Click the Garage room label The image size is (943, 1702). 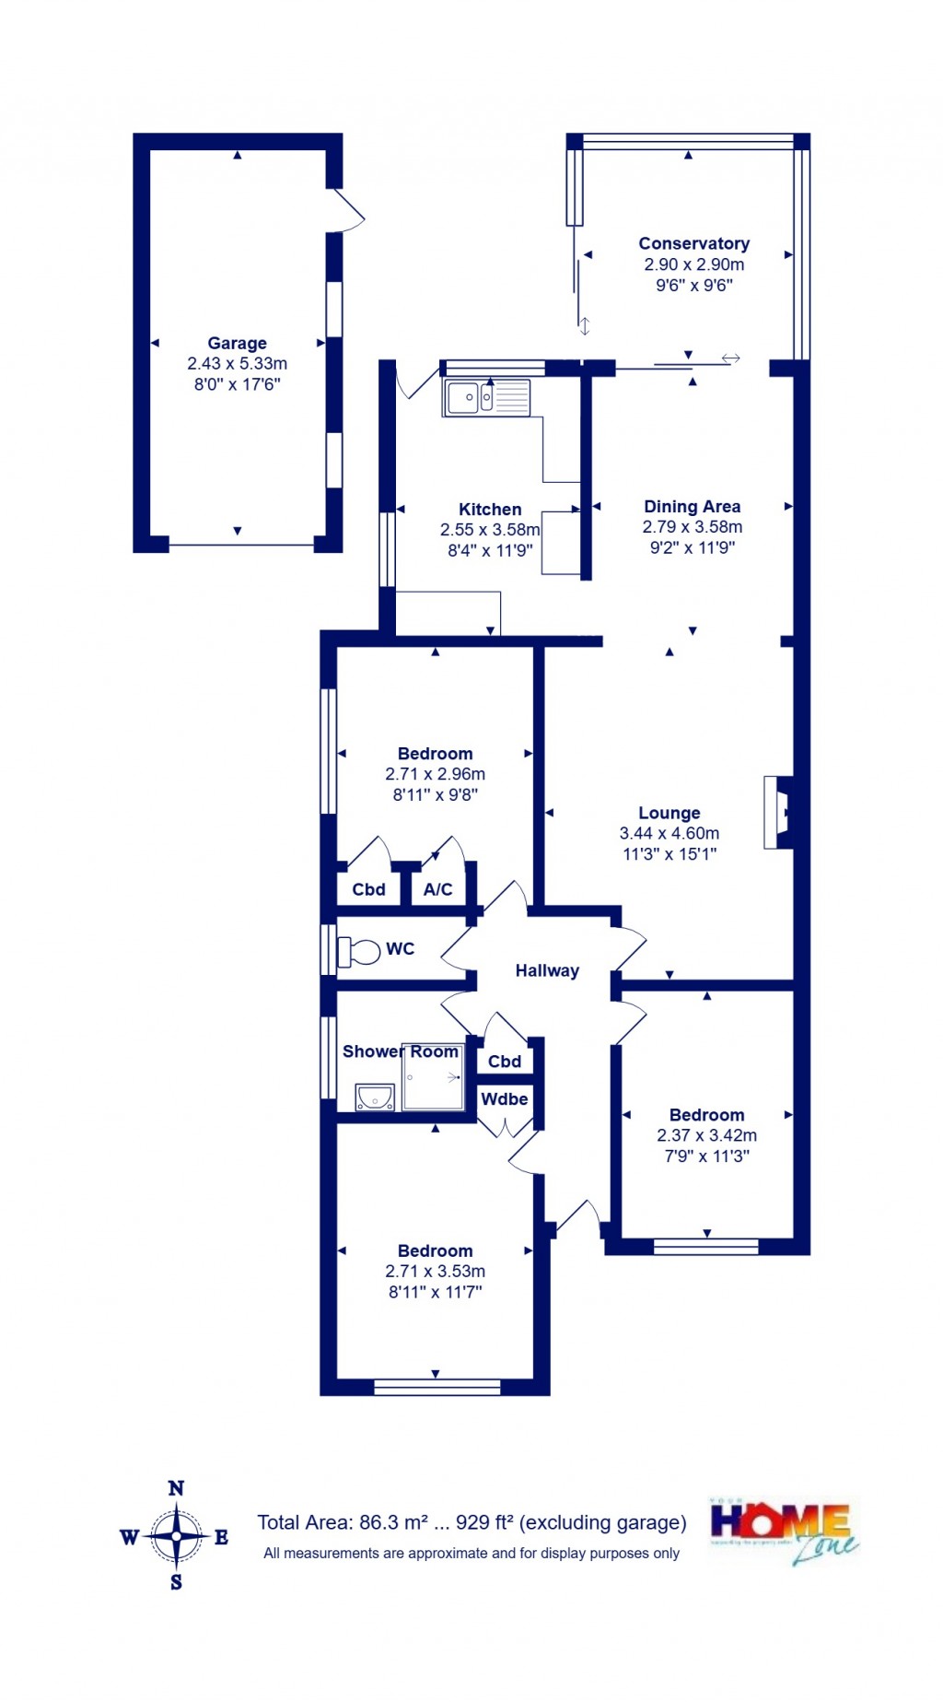pos(237,343)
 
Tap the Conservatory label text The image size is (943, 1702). pos(693,243)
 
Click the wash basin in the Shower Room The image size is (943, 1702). pos(375,1097)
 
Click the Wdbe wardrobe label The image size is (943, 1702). pos(505,1098)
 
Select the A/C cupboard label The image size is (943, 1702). pos(437,889)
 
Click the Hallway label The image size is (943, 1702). pos(547,970)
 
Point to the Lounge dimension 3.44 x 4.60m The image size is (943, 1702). pos(669,833)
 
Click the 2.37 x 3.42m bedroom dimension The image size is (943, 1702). pos(706,1135)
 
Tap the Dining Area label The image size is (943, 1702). pos(692,506)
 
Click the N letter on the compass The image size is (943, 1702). pos(176,1488)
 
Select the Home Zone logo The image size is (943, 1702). pos(782,1532)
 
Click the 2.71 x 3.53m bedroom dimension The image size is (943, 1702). pos(435,1271)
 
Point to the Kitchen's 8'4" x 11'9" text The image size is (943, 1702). pos(490,550)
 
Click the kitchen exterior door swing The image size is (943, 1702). pos(416,382)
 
